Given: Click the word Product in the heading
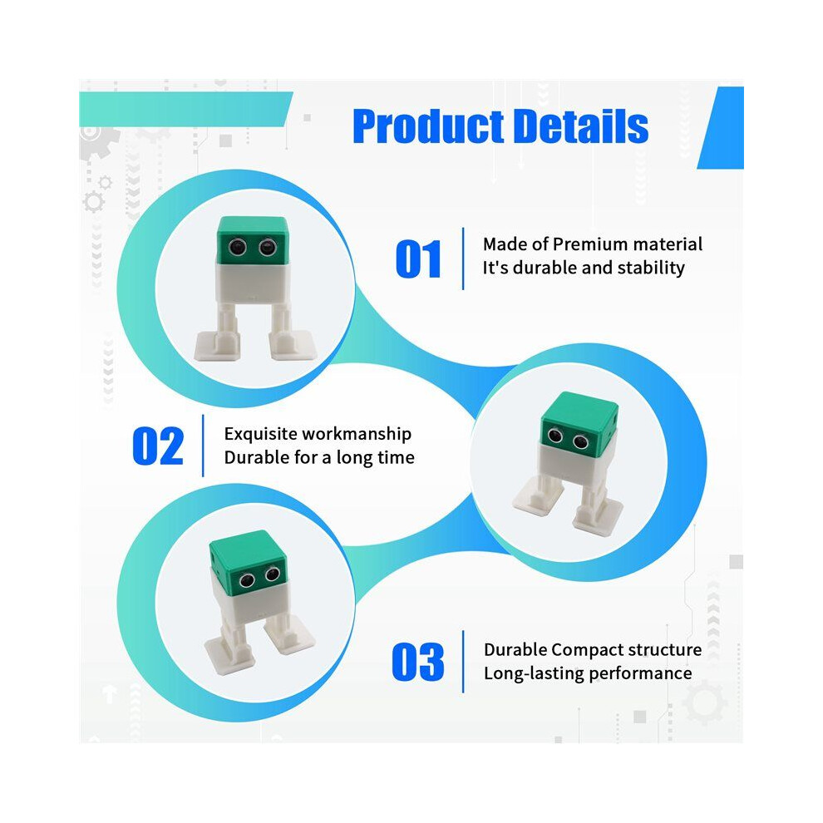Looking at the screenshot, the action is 429,126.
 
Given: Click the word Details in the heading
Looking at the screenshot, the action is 580,126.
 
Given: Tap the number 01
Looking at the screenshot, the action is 418,259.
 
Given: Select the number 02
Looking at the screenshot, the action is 158,446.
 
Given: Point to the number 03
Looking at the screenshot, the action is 418,662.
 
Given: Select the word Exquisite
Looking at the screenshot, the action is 261,434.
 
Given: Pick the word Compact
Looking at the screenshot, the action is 588,650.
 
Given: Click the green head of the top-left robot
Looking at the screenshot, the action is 253,240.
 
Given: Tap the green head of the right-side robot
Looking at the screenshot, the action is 580,422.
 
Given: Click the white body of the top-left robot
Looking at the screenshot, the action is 253,282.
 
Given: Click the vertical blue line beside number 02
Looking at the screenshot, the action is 203,446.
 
